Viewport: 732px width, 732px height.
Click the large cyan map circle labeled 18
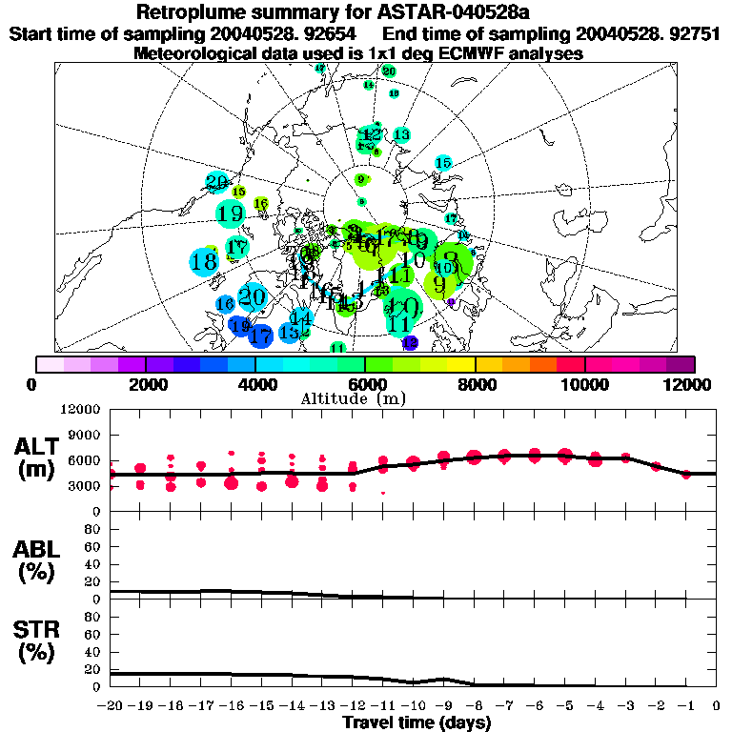(x=203, y=261)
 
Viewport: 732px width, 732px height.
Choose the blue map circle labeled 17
(x=260, y=335)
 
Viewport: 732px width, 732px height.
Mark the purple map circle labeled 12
(x=410, y=342)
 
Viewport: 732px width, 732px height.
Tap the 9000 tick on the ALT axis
(x=83, y=435)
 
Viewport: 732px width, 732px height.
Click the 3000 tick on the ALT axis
(x=83, y=486)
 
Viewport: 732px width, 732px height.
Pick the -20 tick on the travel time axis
(x=111, y=706)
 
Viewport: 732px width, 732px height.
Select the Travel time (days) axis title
(x=417, y=723)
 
